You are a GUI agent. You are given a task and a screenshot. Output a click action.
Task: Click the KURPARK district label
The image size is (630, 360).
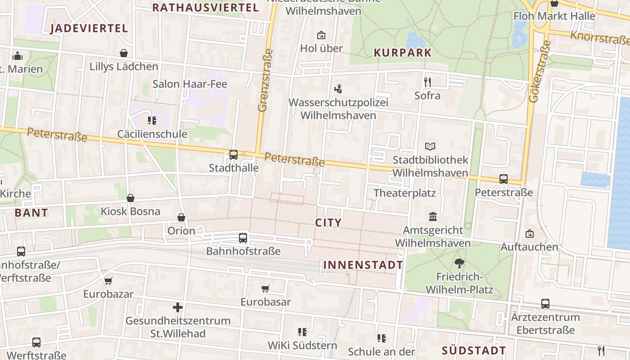(402, 53)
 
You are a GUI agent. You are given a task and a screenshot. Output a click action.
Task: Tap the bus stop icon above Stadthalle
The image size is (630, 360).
(233, 155)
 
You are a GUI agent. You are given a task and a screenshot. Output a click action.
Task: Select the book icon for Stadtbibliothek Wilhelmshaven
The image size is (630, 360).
(430, 147)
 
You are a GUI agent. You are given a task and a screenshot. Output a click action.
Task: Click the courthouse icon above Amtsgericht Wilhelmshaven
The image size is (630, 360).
(433, 217)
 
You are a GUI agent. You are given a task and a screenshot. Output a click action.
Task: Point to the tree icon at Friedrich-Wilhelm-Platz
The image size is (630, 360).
(459, 263)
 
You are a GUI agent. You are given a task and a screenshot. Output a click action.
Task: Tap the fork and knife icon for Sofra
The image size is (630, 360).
(427, 82)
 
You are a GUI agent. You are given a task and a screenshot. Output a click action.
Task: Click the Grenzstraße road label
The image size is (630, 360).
(266, 80)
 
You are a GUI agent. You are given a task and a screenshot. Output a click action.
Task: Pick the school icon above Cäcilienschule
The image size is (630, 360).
(152, 121)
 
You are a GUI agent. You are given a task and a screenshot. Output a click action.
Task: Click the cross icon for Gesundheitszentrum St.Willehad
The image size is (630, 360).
(178, 308)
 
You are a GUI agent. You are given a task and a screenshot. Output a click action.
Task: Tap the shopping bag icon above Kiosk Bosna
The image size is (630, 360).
(130, 198)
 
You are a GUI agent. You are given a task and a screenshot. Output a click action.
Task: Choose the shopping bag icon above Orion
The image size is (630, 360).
(181, 218)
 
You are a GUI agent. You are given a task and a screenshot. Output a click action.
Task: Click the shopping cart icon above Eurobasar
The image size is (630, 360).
(265, 288)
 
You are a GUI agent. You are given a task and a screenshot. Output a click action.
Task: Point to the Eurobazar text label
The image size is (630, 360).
(108, 294)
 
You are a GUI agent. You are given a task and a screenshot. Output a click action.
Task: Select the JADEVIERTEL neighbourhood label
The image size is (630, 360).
(89, 28)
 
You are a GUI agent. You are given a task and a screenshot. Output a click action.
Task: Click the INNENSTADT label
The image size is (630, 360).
(363, 265)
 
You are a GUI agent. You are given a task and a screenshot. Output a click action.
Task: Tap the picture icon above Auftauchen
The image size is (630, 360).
(530, 234)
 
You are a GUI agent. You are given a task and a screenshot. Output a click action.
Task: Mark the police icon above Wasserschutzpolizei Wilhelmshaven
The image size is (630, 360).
(338, 89)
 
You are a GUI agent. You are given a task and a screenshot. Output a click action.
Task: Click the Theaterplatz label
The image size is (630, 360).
(405, 193)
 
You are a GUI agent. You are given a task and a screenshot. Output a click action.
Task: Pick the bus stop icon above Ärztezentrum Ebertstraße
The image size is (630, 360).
(545, 304)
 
